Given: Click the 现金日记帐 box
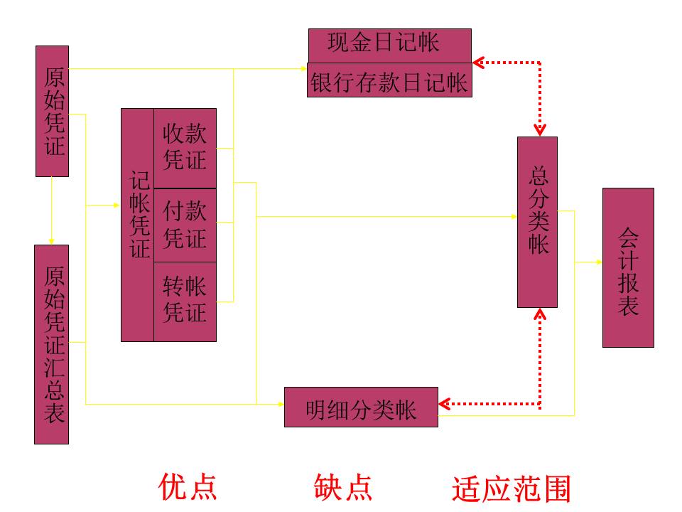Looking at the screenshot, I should coord(389,45).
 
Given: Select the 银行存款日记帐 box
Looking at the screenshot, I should coord(389,80).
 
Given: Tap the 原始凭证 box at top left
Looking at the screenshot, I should coord(53,111).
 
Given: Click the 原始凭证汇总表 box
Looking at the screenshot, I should coord(52,344).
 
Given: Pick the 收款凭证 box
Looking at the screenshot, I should coord(185,148).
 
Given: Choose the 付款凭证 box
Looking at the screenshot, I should coord(185,225).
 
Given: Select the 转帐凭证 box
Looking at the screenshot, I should coord(185,302).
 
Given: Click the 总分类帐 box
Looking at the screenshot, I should coord(538,222).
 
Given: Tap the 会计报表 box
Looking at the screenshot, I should coord(628,267).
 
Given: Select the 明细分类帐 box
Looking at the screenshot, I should coord(361,407).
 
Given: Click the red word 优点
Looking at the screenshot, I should coord(188,486).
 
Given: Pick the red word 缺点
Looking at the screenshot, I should coord(343,486).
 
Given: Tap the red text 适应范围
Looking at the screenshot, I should coord(511,489).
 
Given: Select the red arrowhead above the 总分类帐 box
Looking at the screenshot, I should coord(540,131).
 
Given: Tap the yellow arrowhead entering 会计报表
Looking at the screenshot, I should coord(598,262).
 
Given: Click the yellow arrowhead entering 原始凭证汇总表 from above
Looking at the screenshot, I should coord(52,240).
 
